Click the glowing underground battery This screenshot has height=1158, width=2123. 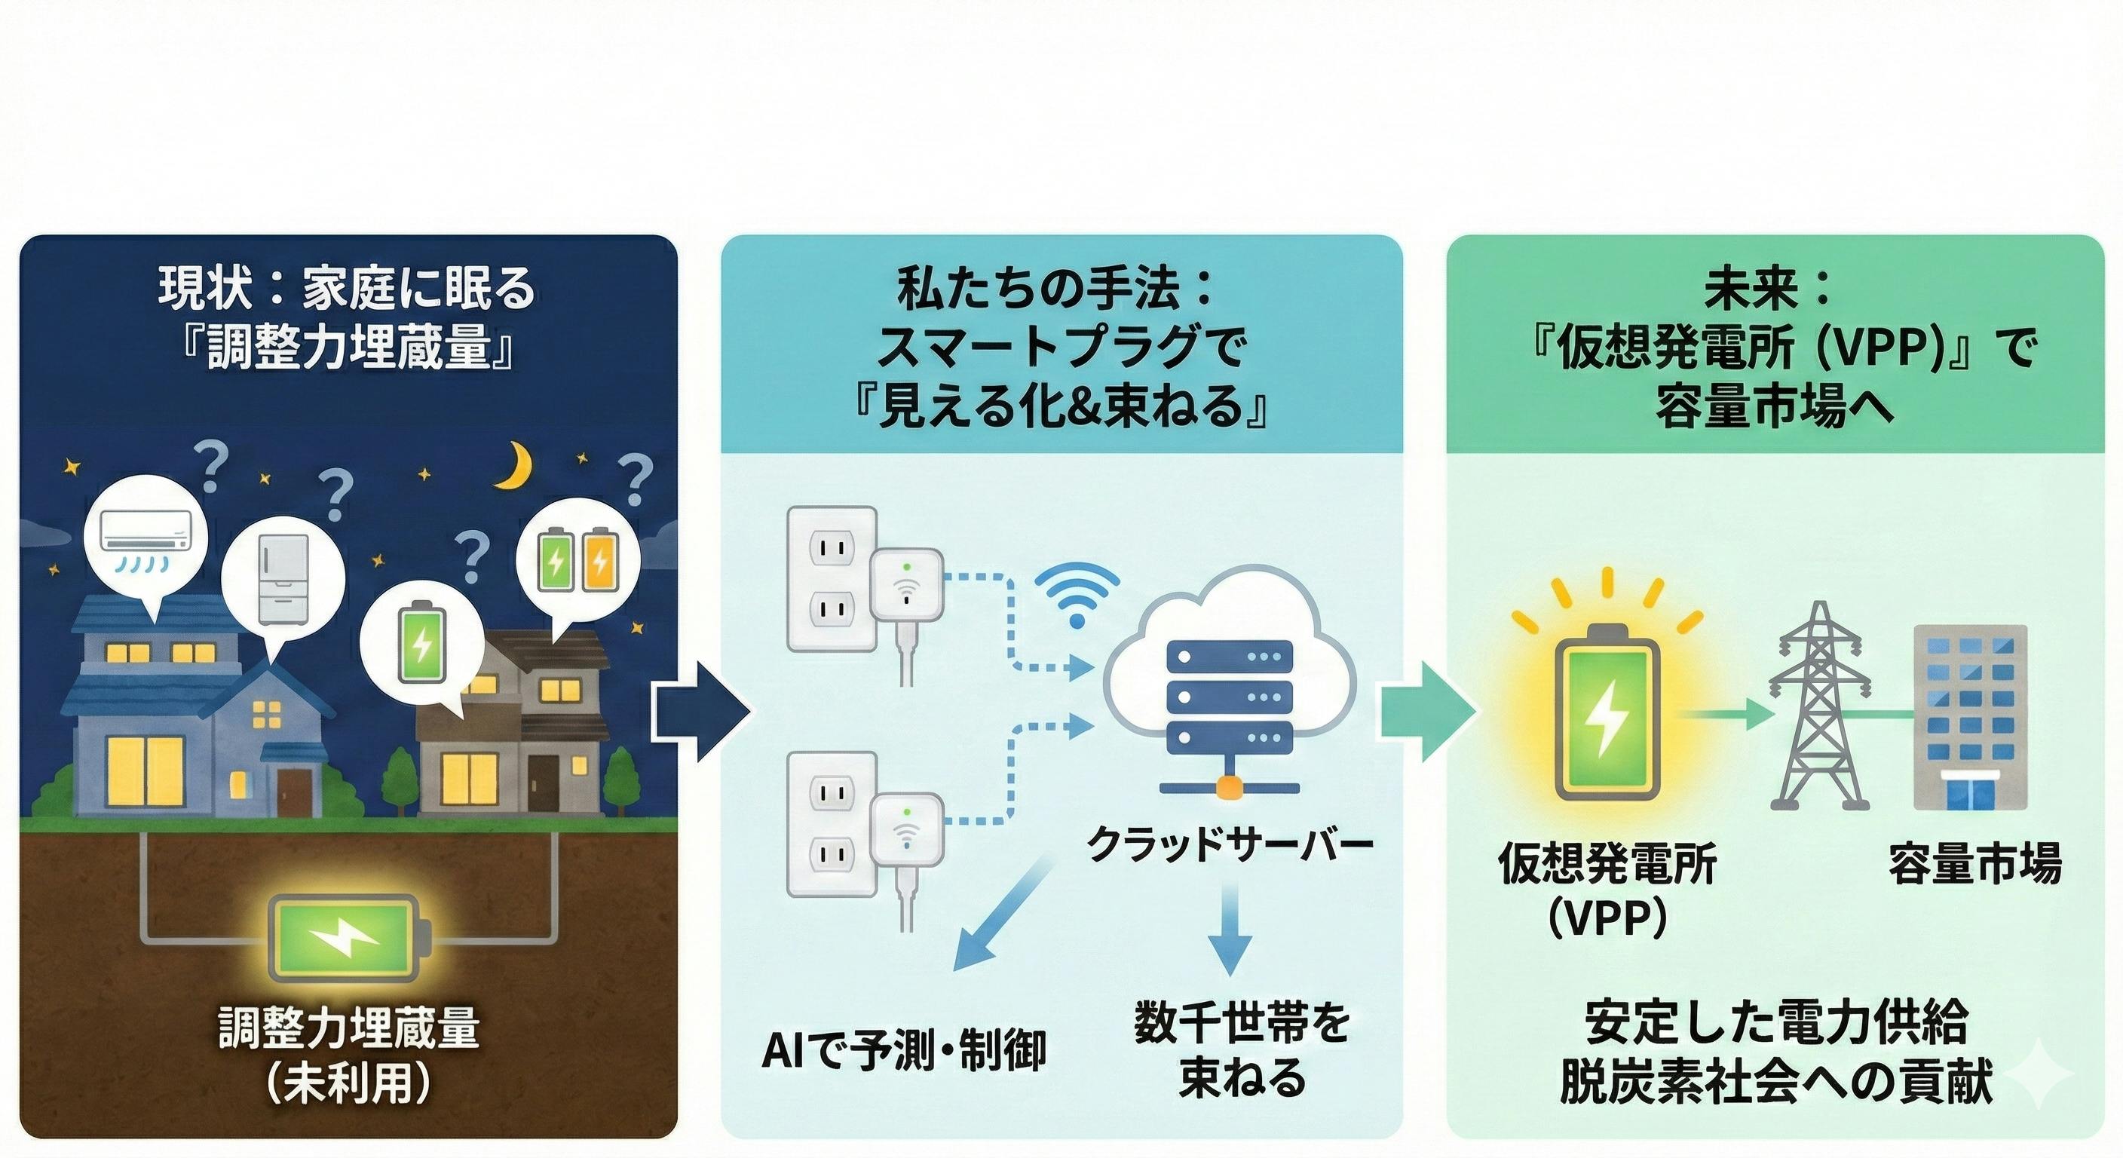(x=351, y=938)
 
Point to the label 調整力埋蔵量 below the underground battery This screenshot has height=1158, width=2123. (x=348, y=1028)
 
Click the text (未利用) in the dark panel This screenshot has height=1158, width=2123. (x=348, y=1084)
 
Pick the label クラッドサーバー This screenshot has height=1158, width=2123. (x=1229, y=843)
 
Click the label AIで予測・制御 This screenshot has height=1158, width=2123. (x=904, y=1051)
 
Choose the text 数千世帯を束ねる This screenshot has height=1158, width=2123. (x=1242, y=1049)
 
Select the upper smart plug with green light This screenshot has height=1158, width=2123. (x=906, y=587)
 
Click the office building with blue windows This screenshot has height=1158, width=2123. (x=1970, y=715)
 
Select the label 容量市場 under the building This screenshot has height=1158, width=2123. (x=1974, y=863)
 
